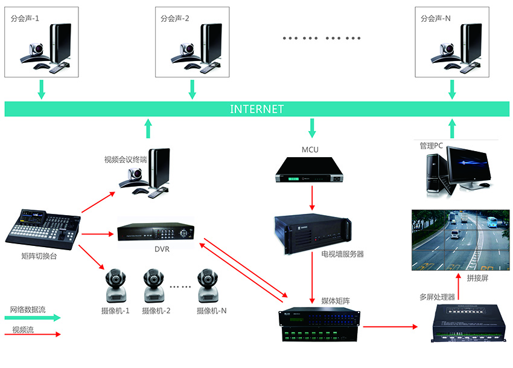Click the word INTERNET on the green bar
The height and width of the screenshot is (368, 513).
(256, 109)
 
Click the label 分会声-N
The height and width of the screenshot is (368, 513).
(435, 19)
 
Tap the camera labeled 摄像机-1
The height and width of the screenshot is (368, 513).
(115, 286)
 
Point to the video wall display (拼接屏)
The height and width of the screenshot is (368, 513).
(460, 239)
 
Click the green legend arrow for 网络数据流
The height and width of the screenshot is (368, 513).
(36, 317)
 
